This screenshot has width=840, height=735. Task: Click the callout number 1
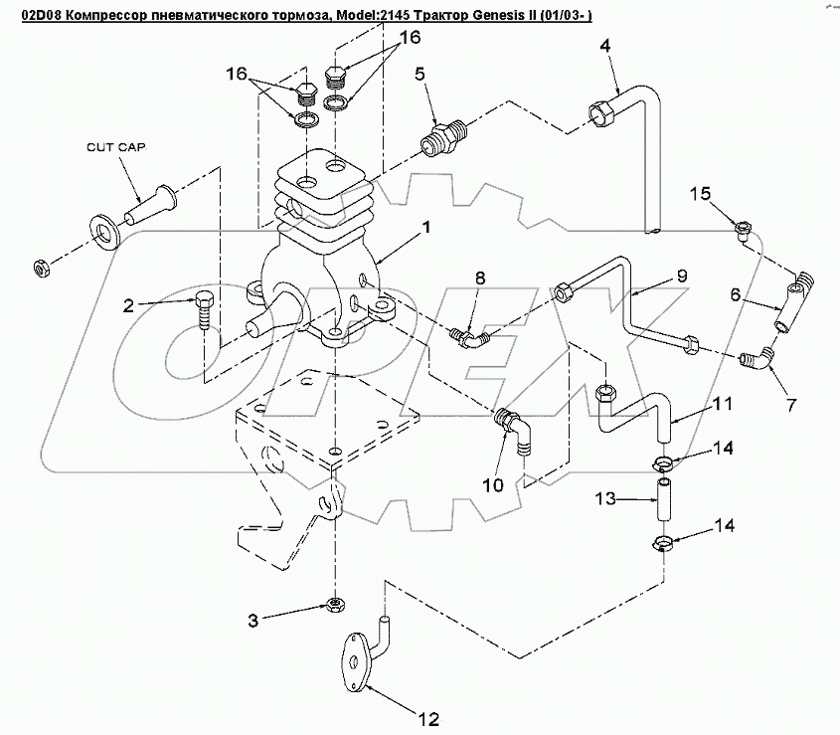426,228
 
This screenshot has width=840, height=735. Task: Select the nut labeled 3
335,605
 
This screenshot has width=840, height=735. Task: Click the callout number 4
604,46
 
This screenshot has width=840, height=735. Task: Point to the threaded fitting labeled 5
442,135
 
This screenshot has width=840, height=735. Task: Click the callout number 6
735,294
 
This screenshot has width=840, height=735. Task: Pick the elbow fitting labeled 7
756,358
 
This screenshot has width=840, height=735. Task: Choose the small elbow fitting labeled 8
469,338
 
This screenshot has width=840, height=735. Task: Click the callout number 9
681,276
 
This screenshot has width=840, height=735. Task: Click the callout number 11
723,403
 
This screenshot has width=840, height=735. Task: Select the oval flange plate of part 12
355,662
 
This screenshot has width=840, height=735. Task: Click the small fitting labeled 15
745,232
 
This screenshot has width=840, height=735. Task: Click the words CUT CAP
116,147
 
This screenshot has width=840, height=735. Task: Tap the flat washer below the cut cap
106,232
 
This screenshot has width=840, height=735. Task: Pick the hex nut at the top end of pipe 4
603,113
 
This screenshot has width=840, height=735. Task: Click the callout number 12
429,719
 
